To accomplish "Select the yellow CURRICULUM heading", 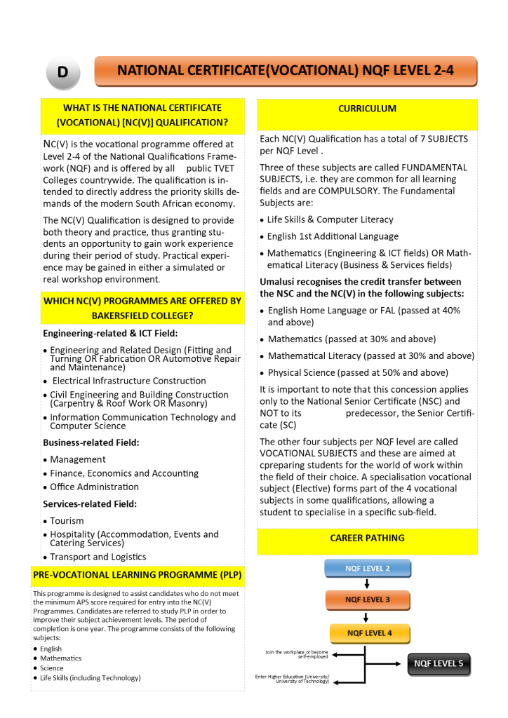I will (367, 109).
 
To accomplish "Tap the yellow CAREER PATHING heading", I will (367, 538).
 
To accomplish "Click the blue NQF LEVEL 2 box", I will (367, 568).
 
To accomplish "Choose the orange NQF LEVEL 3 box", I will (367, 600).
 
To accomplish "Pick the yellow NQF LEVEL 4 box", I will (369, 633).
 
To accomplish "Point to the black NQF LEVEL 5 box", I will (439, 663).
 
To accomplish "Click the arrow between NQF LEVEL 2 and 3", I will (367, 584).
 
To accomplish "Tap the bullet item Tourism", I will (67, 521).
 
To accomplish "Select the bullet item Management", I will (78, 459).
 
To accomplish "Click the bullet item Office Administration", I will (94, 487).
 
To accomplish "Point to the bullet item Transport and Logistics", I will (98, 557).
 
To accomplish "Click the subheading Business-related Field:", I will (91, 442).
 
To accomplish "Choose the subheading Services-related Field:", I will (90, 504).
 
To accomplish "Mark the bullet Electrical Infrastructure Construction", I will (129, 381).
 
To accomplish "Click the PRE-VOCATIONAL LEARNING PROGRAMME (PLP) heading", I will (138, 576).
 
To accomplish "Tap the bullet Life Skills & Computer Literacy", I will (330, 219).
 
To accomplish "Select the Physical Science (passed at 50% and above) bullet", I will (357, 372).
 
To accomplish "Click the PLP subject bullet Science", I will (51, 668).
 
